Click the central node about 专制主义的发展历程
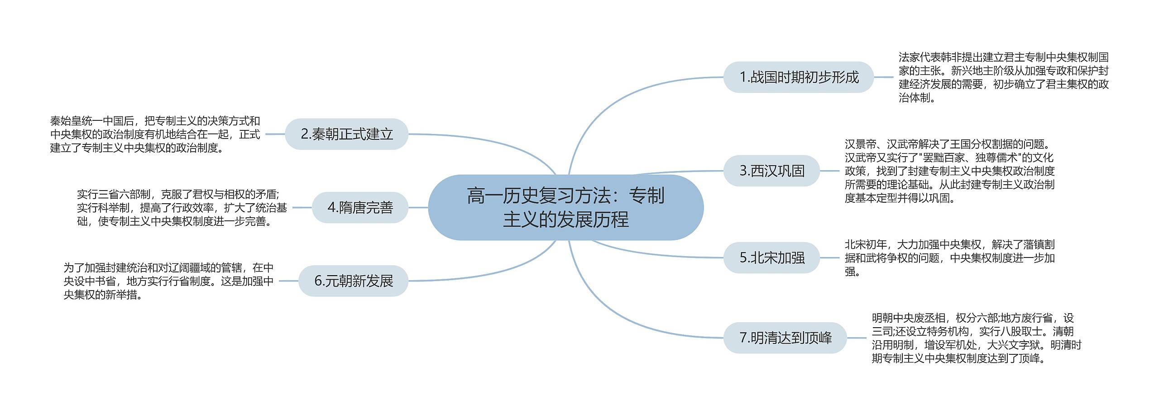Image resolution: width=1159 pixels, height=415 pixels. tap(565, 207)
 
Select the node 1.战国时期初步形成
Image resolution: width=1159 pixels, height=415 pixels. tap(798, 77)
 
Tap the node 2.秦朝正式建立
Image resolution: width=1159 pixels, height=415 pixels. tap(346, 134)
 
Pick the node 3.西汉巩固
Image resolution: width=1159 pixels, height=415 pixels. tap(771, 171)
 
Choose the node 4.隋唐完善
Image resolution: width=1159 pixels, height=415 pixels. tap(360, 208)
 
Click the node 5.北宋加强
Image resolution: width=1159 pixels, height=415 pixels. tap(771, 258)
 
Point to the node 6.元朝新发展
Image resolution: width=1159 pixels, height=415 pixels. tap(353, 281)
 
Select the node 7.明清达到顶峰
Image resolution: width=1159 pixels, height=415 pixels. tap(785, 338)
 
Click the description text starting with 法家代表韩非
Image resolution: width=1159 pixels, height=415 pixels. tap(1003, 77)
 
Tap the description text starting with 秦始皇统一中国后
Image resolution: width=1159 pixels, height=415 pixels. tap(155, 134)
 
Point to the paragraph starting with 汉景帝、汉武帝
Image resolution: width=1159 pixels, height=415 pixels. tap(949, 171)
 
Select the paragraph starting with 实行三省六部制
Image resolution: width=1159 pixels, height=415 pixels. tap(182, 208)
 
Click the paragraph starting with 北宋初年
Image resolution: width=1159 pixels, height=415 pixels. tap(949, 258)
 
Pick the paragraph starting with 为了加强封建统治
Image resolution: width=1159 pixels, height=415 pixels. tap(168, 281)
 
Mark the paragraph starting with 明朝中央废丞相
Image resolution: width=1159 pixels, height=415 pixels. tap(976, 338)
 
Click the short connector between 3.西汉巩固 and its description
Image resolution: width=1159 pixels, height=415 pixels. tap(829, 171)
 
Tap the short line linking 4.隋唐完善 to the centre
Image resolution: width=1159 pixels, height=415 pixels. tap(418, 208)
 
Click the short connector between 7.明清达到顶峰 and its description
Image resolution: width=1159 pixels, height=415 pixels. tap(856, 338)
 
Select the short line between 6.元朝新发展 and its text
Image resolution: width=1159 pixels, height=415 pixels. tap(288, 281)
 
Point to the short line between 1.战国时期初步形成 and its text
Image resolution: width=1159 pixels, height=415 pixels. tap(883, 77)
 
